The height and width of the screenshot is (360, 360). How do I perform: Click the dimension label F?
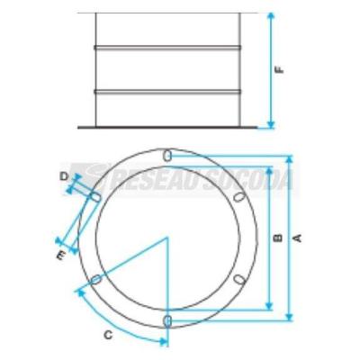coord(280,69)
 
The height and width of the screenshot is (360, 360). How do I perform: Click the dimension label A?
coord(297,238)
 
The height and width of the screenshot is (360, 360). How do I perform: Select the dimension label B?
coord(279,238)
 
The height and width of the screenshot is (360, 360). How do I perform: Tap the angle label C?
coord(109,335)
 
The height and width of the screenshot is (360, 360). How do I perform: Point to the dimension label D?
coord(64,176)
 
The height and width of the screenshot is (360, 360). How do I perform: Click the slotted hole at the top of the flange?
coord(167,156)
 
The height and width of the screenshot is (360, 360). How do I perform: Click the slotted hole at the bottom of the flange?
coord(167,320)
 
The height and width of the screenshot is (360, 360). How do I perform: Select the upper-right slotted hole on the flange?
coord(238,197)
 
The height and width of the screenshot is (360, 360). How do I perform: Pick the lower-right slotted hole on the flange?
coord(239,279)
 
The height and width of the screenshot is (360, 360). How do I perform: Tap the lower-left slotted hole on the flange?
coord(96,280)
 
